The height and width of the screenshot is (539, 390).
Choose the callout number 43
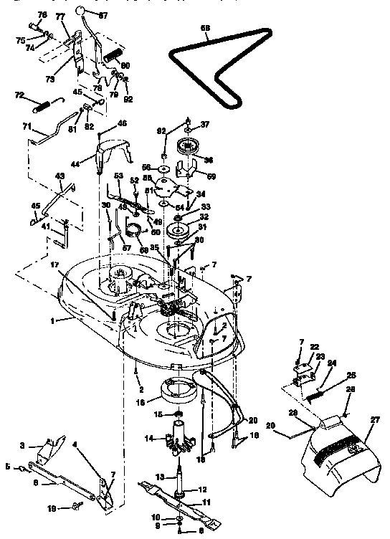59,176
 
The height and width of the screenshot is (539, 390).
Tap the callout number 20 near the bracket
252,421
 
